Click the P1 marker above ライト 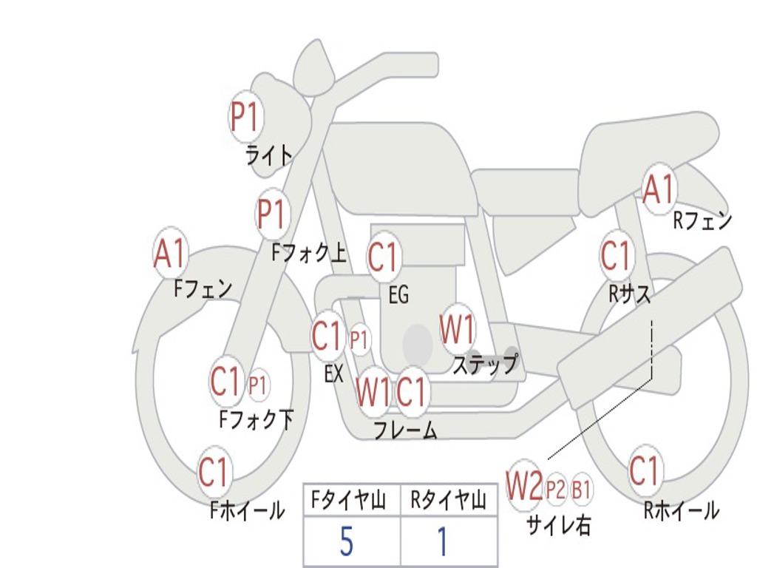coord(245,116)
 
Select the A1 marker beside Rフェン coord(659,189)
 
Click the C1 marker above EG coord(384,257)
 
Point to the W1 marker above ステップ coord(458,329)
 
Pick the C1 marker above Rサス coord(615,255)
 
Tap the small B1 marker coord(582,488)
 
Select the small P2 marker coord(555,488)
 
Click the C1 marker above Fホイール coord(214,472)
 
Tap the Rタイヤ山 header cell coord(448,501)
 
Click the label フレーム coord(404,430)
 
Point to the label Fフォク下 coord(256,420)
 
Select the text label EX coord(334,374)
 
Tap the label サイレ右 coord(559,525)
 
